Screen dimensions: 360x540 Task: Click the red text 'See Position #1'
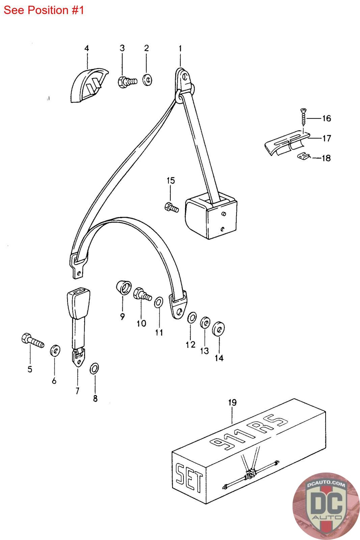[44, 10]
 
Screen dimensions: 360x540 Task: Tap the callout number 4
[86, 48]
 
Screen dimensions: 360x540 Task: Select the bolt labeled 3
[128, 82]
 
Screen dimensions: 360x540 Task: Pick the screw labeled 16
[303, 117]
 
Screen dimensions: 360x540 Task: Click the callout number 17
[327, 138]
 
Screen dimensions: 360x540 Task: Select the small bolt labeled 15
[172, 208]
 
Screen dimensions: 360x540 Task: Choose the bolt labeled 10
[142, 294]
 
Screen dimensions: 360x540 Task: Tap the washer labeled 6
[55, 351]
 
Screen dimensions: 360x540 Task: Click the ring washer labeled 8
[94, 368]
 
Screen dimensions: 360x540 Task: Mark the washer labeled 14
[219, 328]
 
